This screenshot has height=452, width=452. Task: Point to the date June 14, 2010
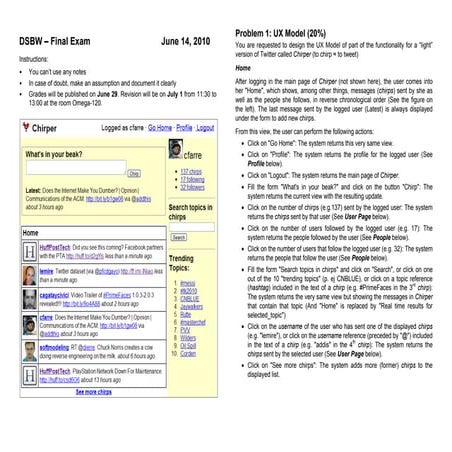[185, 42]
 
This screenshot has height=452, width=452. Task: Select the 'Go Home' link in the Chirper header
[160, 128]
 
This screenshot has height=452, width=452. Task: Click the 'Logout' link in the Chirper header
[205, 128]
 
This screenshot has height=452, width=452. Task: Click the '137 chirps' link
[192, 171]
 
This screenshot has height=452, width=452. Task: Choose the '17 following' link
[194, 179]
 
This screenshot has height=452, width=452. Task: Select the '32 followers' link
[194, 187]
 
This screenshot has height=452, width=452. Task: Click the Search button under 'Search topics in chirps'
[179, 237]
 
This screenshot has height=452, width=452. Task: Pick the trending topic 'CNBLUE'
[191, 298]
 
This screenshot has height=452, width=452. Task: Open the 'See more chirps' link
[93, 392]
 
